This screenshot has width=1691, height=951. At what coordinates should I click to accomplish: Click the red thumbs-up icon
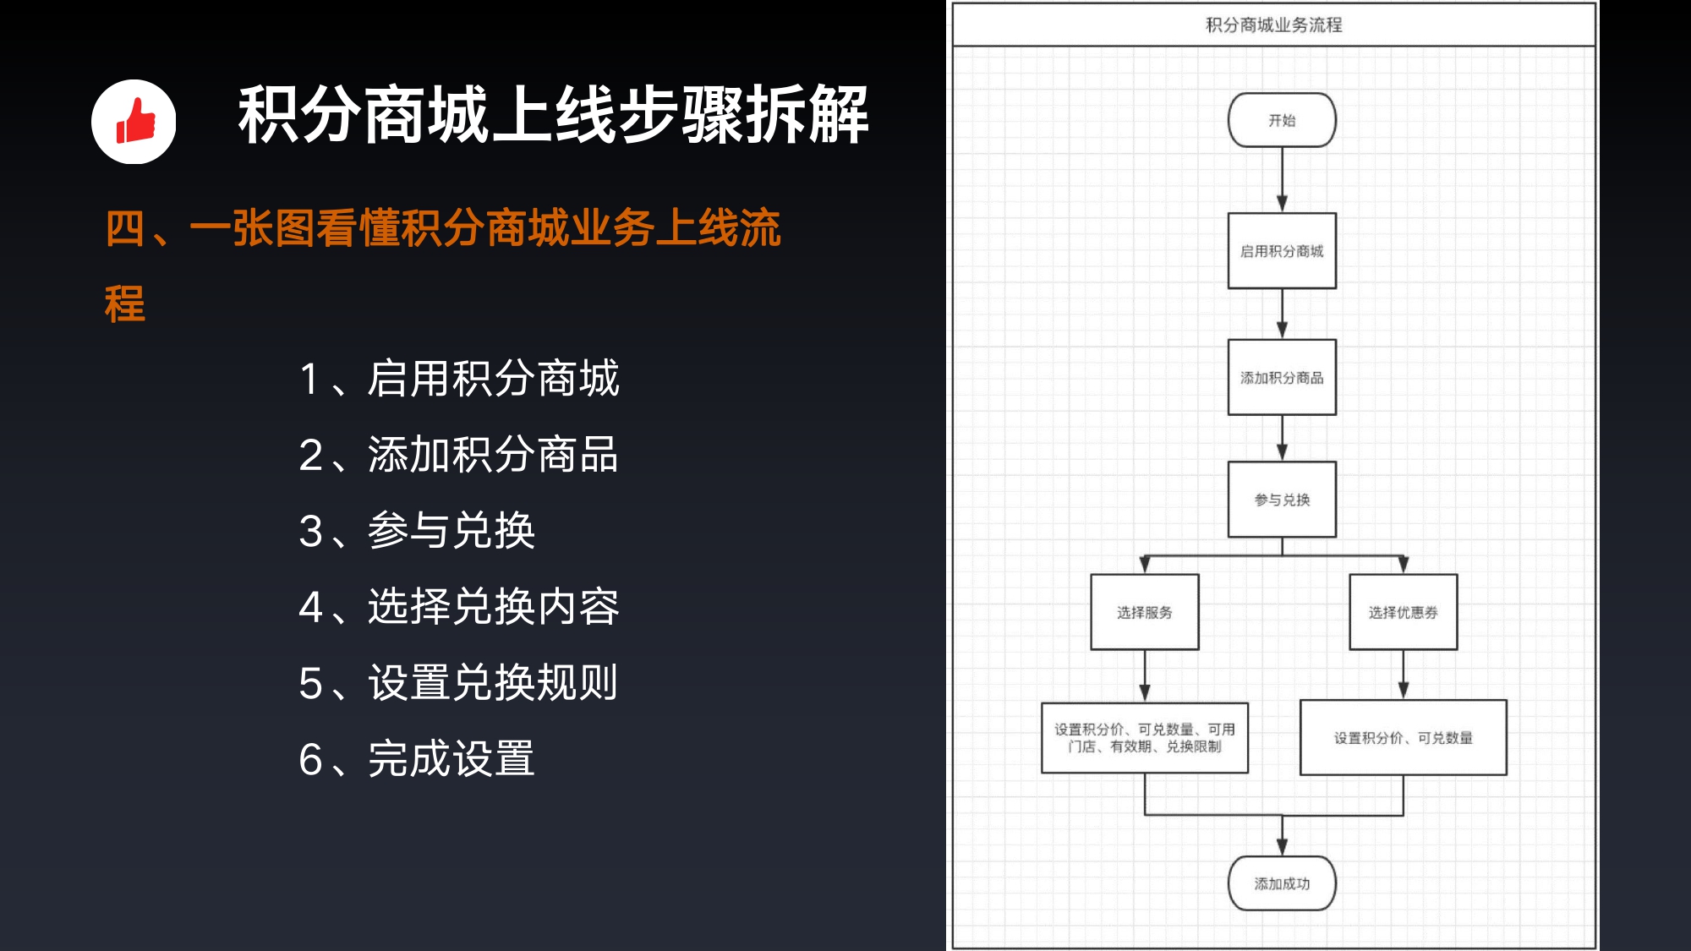pyautogui.click(x=135, y=121)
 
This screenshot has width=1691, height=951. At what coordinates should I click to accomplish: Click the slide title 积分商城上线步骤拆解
pyautogui.click(x=553, y=114)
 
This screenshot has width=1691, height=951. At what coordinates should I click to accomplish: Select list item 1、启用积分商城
pyautogui.click(x=459, y=378)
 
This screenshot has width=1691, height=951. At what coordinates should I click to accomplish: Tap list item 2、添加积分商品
pyautogui.click(x=459, y=454)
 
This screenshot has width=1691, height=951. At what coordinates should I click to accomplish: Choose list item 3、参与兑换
pyautogui.click(x=417, y=530)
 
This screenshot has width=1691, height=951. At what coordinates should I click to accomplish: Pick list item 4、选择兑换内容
pyautogui.click(x=459, y=606)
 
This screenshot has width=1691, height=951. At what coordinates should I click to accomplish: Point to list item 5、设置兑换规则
pyautogui.click(x=459, y=682)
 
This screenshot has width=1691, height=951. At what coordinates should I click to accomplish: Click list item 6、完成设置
pyautogui.click(x=417, y=758)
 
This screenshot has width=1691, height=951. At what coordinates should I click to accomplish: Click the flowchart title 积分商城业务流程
pyautogui.click(x=1273, y=25)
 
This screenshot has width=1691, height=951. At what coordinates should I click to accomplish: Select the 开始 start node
pyautogui.click(x=1282, y=120)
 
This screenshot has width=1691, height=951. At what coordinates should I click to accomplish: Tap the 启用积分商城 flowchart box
pyautogui.click(x=1282, y=251)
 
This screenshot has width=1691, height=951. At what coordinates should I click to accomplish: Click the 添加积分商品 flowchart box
pyautogui.click(x=1282, y=377)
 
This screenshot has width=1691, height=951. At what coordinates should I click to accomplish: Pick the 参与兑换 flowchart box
pyautogui.click(x=1282, y=500)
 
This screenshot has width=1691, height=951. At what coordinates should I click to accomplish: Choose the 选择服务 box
pyautogui.click(x=1145, y=612)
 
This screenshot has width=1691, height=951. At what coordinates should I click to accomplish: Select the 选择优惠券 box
pyautogui.click(x=1404, y=612)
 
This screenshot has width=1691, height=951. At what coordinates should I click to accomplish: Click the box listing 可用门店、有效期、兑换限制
pyautogui.click(x=1145, y=738)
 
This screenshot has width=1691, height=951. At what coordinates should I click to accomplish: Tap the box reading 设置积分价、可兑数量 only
pyautogui.click(x=1404, y=737)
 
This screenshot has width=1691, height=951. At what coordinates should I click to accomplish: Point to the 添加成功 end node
pyautogui.click(x=1282, y=883)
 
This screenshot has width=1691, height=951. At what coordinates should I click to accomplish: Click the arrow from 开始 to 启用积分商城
pyautogui.click(x=1282, y=180)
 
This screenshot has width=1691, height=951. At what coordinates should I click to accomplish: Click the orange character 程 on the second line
pyautogui.click(x=125, y=304)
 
